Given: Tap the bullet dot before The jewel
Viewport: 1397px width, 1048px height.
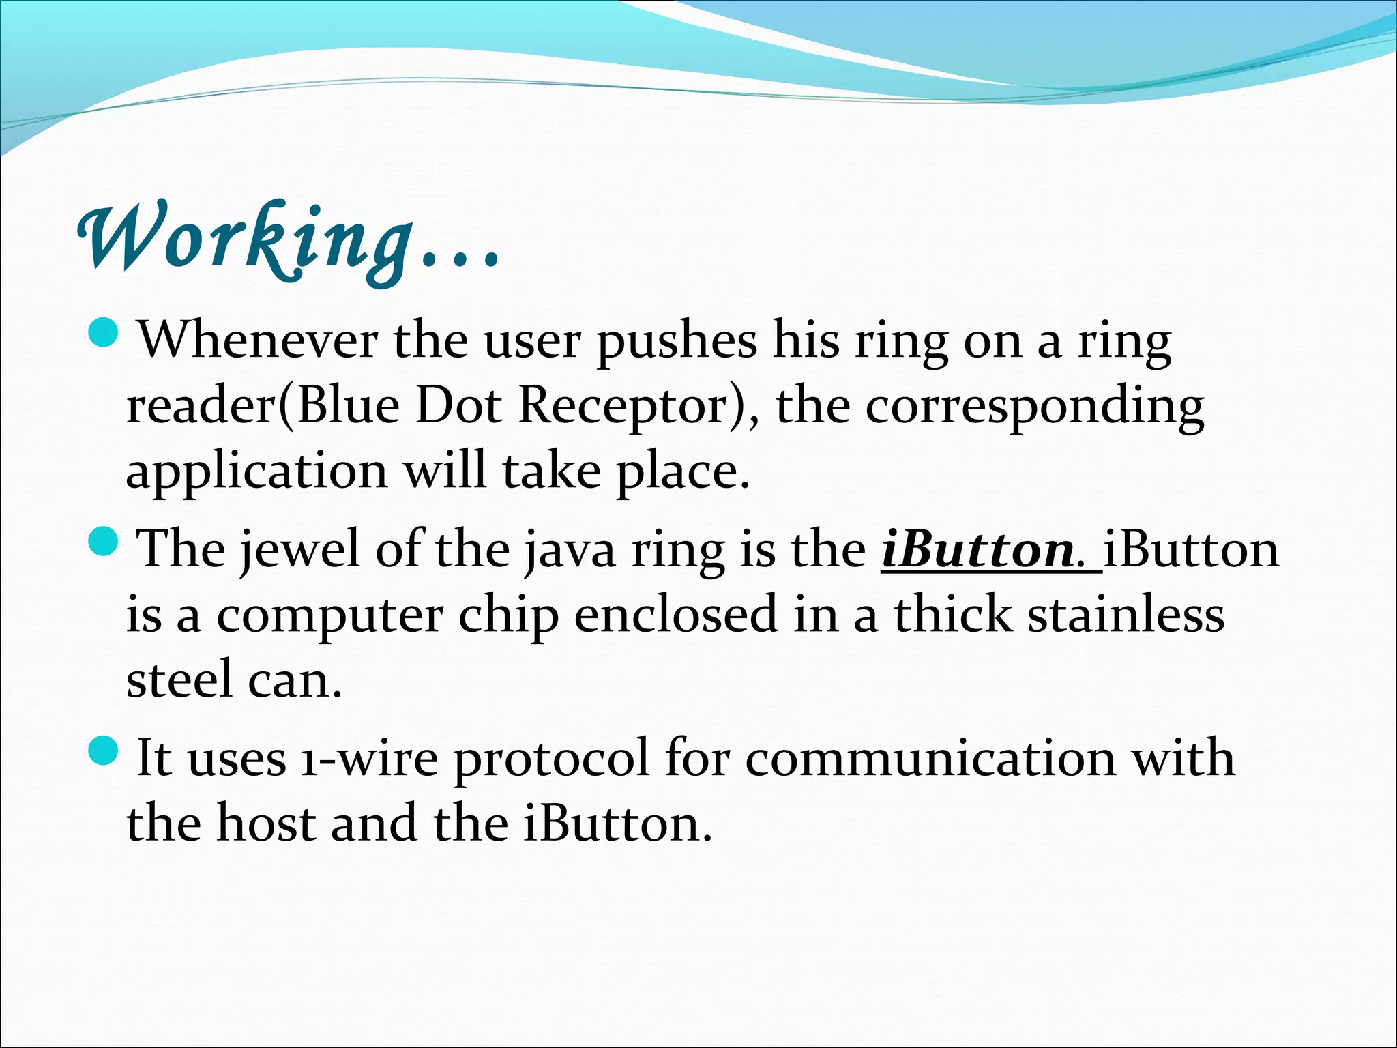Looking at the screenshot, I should click(104, 542).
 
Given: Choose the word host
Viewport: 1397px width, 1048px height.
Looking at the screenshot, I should click(266, 823).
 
